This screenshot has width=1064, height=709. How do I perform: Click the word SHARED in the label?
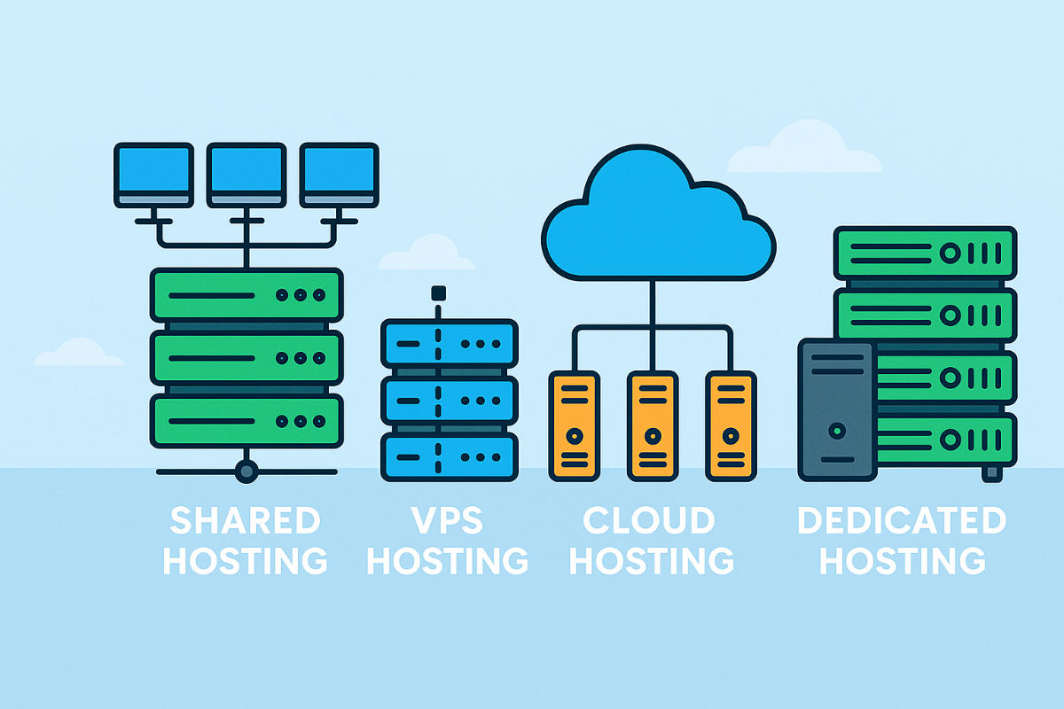coord(245,521)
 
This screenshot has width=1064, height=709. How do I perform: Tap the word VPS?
coord(448,521)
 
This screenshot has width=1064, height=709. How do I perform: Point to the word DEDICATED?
coord(902,521)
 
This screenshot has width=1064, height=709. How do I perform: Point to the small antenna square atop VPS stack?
coord(436,292)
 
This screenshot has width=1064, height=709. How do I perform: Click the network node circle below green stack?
coord(246,471)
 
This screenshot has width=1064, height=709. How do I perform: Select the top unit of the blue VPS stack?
coord(449,343)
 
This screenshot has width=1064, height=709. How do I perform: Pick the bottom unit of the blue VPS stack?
coord(449,457)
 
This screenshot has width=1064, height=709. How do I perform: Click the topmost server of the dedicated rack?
coord(925,253)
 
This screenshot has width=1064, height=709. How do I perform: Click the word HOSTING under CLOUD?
coord(649,561)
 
